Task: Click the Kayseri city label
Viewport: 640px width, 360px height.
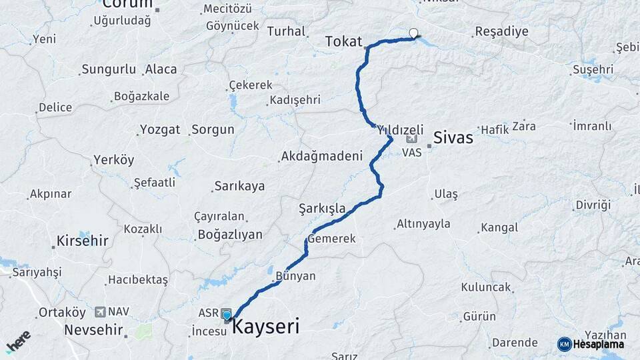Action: pos(265,327)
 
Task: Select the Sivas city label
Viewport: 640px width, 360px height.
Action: pos(453,138)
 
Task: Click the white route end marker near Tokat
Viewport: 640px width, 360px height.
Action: pos(414,33)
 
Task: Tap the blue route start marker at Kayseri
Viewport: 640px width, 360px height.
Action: pos(227,316)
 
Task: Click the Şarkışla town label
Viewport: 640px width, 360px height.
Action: pos(322,209)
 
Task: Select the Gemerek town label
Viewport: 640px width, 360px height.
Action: pos(331,239)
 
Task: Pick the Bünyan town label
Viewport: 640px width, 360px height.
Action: pos(297,275)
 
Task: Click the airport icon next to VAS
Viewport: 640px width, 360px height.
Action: pos(411,139)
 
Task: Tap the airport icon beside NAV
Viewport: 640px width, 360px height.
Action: pos(101,311)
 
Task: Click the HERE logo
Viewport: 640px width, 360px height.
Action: pos(19,342)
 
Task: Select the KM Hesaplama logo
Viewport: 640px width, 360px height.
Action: pos(591,344)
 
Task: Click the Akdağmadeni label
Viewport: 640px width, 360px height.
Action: pos(322,157)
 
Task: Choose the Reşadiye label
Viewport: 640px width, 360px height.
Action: pos(501,31)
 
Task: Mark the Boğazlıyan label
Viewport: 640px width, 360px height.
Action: pos(230,235)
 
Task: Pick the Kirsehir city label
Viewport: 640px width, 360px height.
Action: pos(83,241)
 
